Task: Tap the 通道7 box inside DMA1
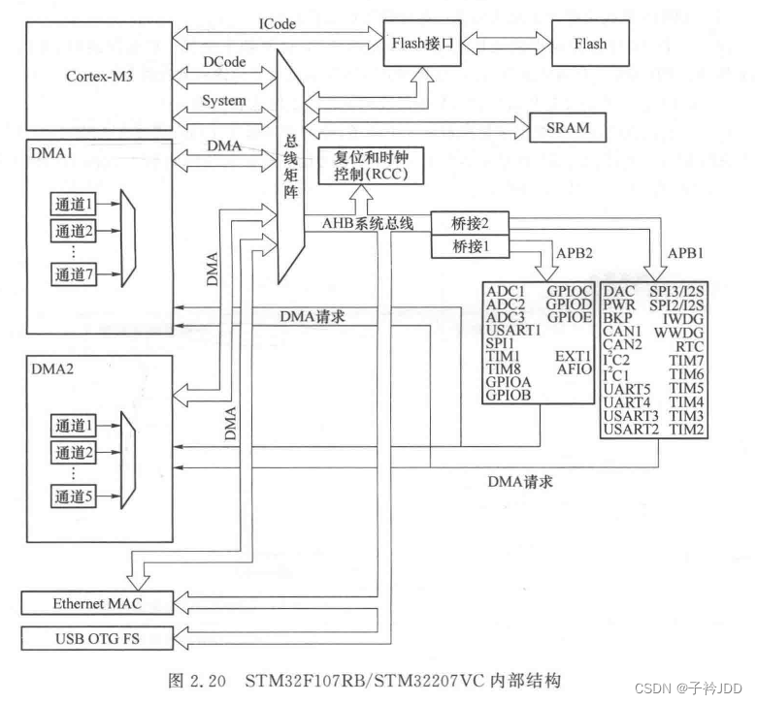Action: click(74, 275)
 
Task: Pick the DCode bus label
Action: click(224, 61)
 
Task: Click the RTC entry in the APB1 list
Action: click(690, 344)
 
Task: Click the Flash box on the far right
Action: click(589, 44)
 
